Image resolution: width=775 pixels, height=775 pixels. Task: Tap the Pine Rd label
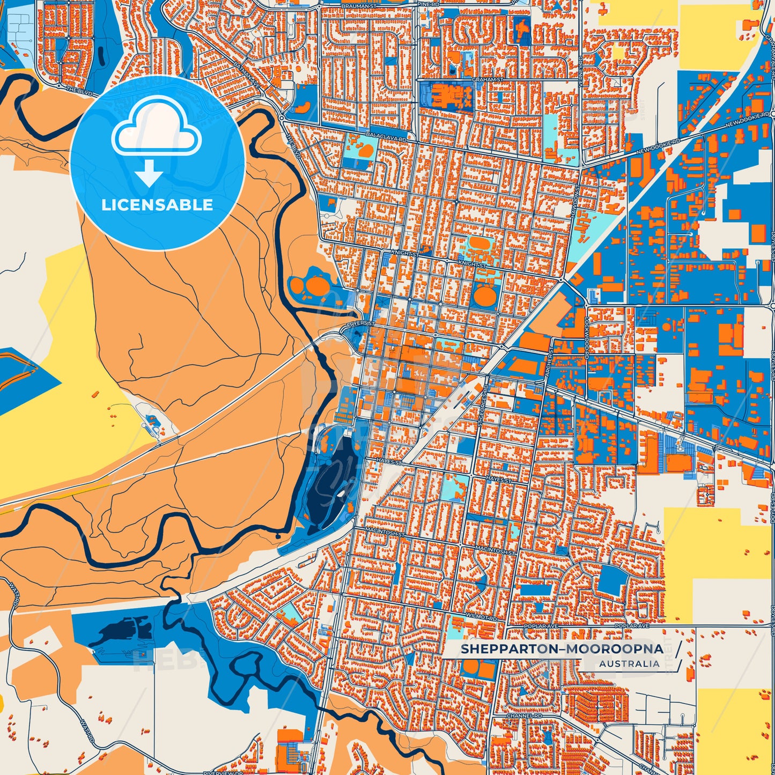(431, 4)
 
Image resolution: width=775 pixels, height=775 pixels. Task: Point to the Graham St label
(487, 79)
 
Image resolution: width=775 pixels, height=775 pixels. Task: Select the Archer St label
(551, 359)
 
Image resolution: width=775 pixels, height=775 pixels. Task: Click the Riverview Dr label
(217, 773)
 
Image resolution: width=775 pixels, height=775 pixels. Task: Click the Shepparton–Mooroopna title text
(562, 649)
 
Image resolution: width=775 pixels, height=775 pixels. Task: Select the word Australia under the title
(629, 664)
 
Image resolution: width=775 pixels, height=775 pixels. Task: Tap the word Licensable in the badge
(157, 205)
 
